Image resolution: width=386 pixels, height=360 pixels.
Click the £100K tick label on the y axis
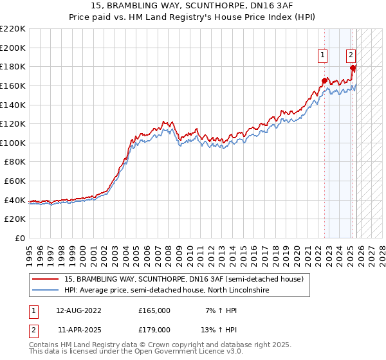tap(13, 143)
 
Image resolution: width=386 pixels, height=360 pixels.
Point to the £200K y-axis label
tap(13, 48)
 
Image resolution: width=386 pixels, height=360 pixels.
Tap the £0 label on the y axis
tap(19, 238)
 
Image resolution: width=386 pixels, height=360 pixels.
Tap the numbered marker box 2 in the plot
tap(351, 55)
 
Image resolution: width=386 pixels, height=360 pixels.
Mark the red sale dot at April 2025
tap(353, 67)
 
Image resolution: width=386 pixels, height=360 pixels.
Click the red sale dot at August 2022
tap(324, 81)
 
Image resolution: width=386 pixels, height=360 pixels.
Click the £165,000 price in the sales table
tap(154, 310)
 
